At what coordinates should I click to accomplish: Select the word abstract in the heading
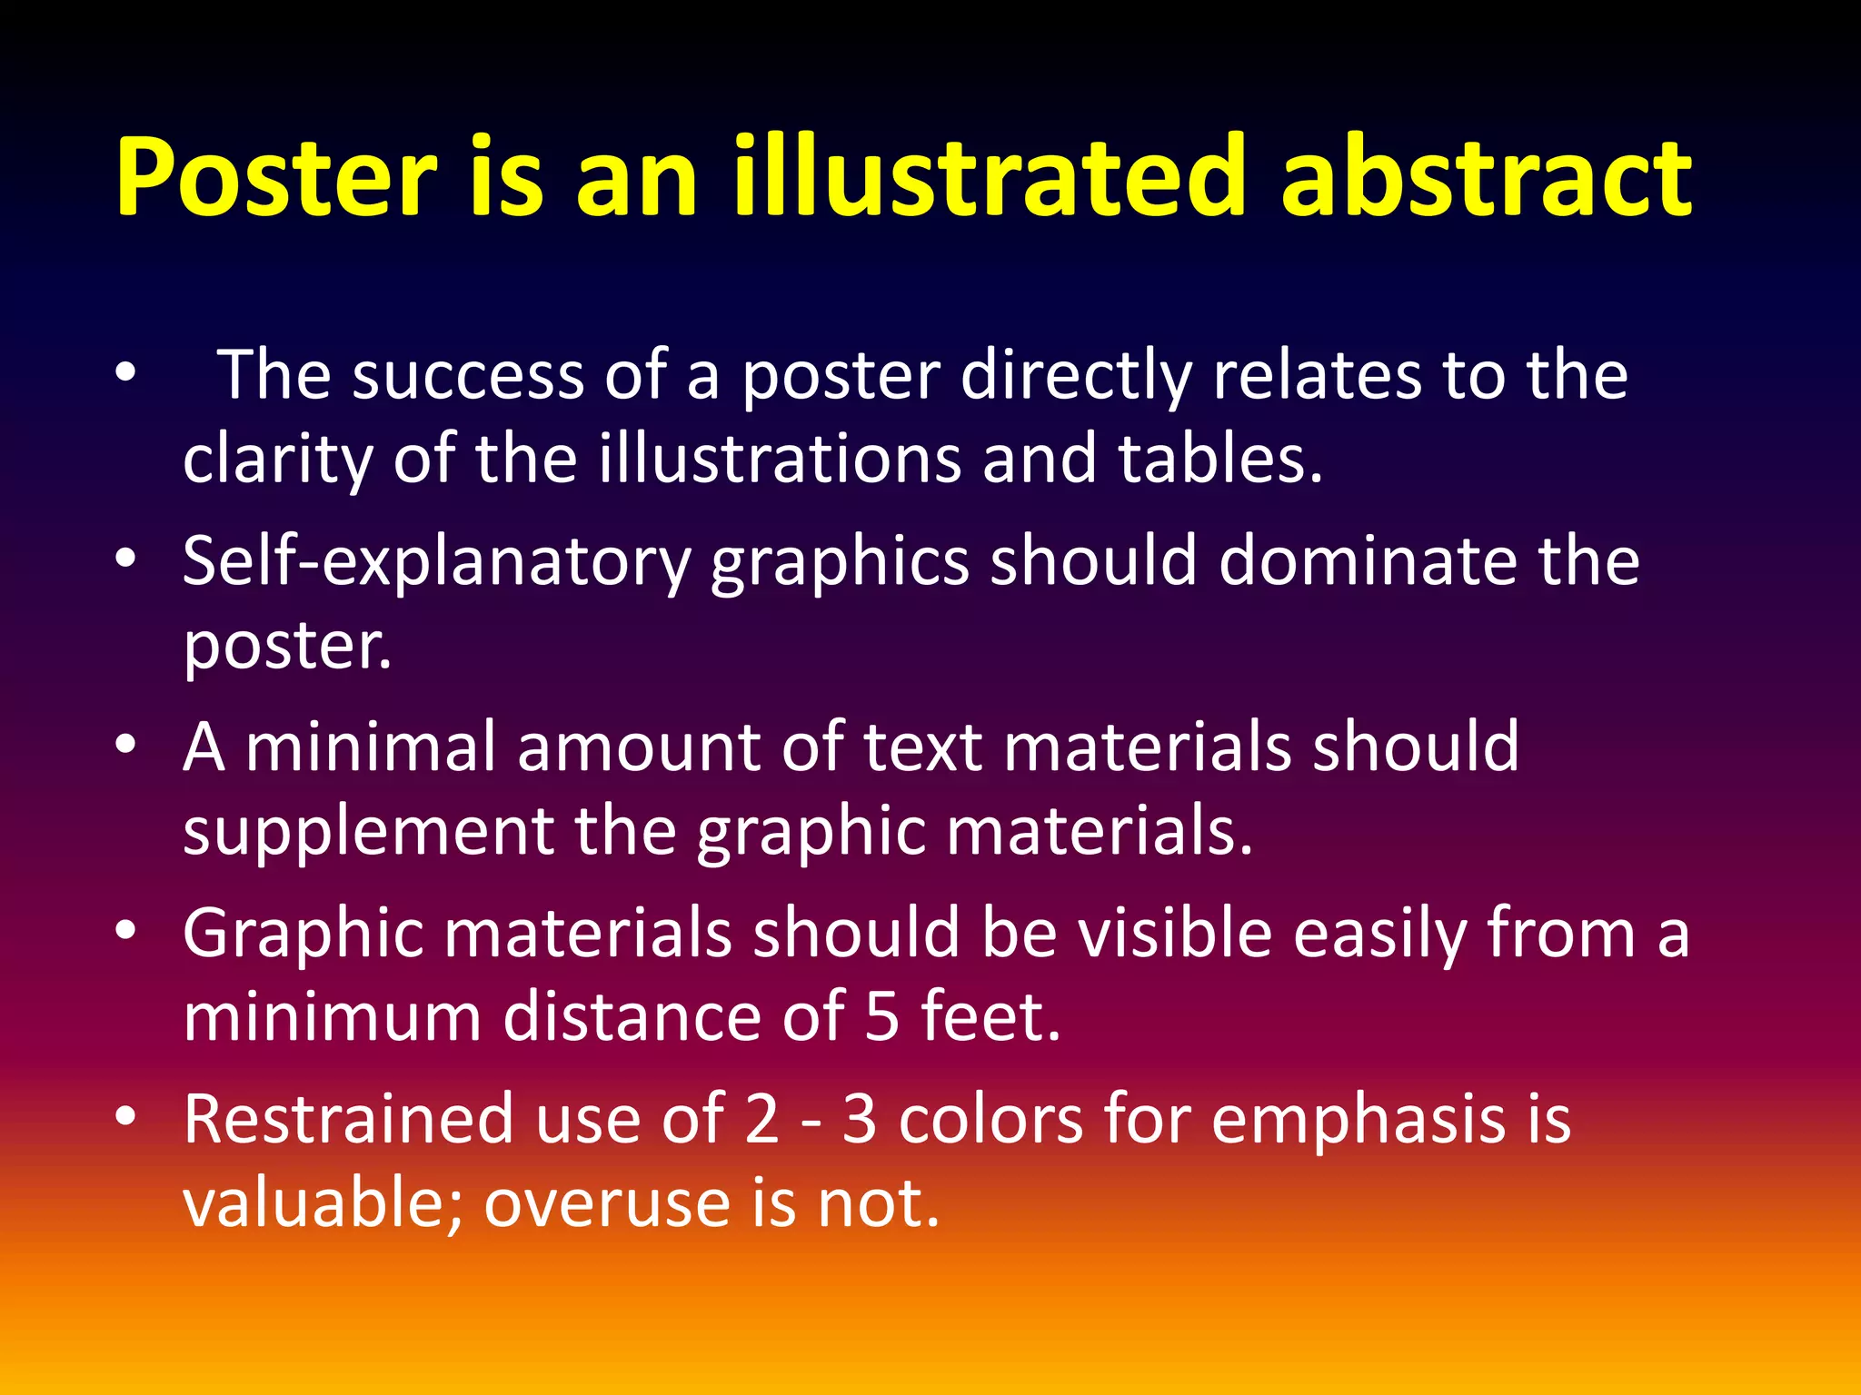click(x=1486, y=177)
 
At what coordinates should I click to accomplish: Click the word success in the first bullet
click(x=467, y=375)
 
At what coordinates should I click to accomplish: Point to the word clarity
click(x=277, y=460)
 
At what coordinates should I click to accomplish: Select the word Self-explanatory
click(x=436, y=562)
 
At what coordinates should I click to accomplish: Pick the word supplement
click(x=368, y=832)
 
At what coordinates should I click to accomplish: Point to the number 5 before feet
click(x=881, y=1016)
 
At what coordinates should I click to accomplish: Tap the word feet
click(x=990, y=1016)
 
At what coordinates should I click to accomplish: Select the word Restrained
click(x=348, y=1119)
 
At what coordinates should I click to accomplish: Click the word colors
click(x=990, y=1119)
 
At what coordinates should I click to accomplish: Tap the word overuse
click(x=607, y=1203)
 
